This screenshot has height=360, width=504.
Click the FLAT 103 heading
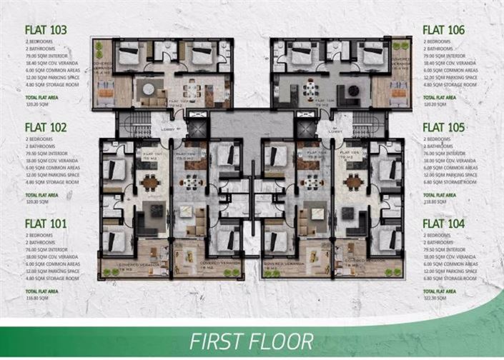coord(45,30)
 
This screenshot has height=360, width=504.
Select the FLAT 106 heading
coord(444,30)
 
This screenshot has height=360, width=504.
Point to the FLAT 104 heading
coord(444,224)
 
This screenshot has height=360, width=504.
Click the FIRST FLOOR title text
coord(251,341)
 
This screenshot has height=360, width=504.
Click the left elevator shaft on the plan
coord(197,127)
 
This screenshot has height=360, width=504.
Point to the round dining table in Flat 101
coord(149,182)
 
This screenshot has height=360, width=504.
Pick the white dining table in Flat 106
coord(310,89)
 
